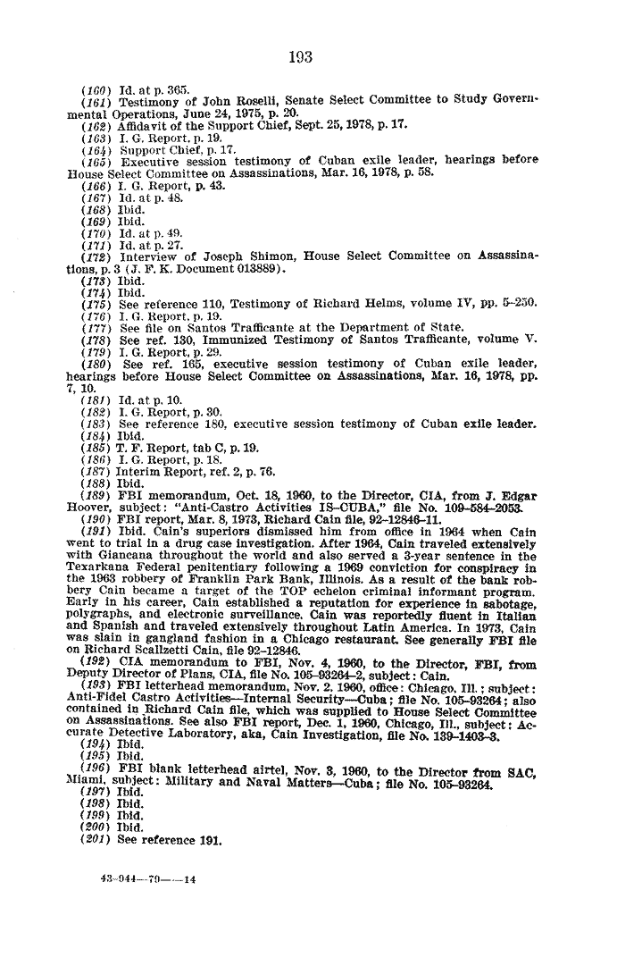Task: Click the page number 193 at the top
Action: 301,57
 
